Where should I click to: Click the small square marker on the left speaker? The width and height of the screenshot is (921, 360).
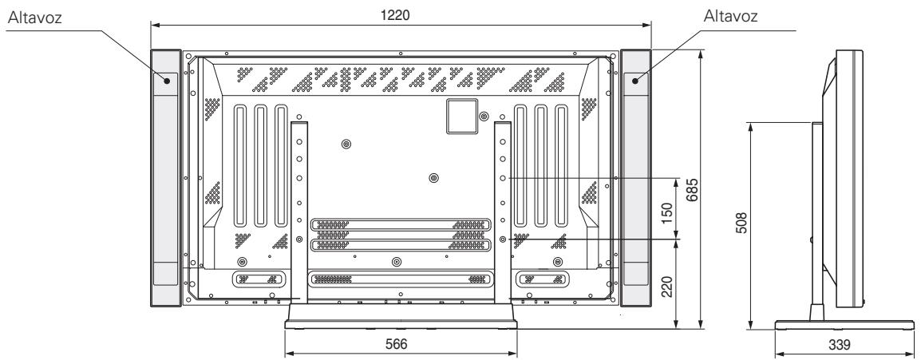pos(167,80)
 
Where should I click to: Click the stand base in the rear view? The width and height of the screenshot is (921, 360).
pos(401,315)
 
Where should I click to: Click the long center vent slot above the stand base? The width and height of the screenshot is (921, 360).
pos(401,279)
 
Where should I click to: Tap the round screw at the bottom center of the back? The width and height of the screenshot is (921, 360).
pos(397,261)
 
